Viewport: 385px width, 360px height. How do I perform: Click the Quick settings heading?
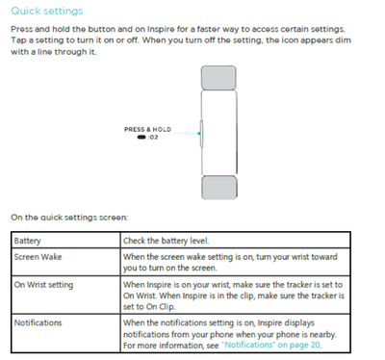[47, 12]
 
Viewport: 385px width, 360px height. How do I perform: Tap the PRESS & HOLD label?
[147, 129]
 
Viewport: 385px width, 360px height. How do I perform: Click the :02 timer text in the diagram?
[153, 138]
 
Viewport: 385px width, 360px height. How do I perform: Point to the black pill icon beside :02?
[141, 138]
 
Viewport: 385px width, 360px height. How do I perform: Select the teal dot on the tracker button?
[199, 133]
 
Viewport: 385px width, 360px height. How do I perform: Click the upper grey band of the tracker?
[218, 78]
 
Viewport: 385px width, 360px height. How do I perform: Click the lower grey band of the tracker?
[219, 188]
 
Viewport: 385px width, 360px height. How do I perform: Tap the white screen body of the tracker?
[219, 133]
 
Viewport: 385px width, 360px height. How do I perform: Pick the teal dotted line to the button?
[186, 133]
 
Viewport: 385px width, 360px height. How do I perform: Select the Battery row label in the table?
[27, 241]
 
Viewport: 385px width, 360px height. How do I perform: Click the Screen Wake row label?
[38, 257]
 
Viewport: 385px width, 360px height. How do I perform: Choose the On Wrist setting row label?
[43, 285]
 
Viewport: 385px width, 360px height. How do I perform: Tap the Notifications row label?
[38, 322]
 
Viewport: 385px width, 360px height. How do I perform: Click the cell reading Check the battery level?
[167, 241]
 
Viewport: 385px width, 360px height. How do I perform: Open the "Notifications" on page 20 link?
[271, 345]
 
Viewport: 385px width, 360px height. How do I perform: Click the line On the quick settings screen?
[69, 218]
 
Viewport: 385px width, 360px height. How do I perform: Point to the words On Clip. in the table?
[161, 307]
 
